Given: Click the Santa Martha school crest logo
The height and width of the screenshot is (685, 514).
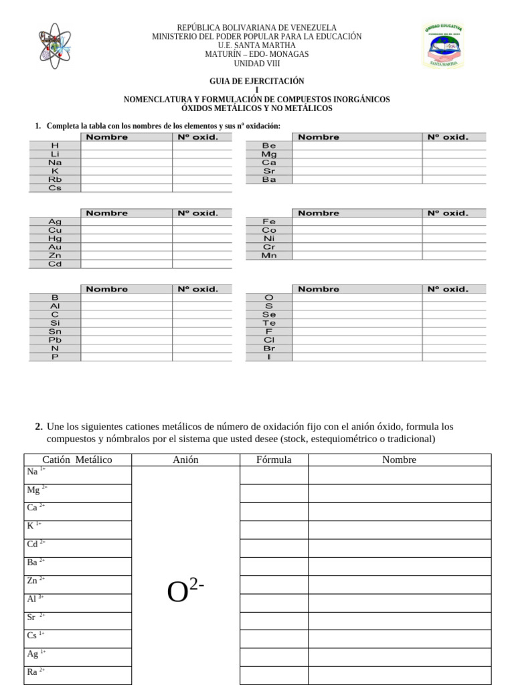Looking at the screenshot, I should (x=443, y=46).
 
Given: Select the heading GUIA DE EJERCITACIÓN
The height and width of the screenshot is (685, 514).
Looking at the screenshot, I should (x=257, y=81).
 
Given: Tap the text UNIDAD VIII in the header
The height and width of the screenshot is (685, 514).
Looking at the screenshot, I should (x=257, y=64).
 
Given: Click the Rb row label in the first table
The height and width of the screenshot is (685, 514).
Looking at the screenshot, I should (x=55, y=179).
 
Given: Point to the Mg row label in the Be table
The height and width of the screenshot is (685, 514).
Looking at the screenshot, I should (x=269, y=154).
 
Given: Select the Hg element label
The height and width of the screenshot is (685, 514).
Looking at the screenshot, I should (x=55, y=238).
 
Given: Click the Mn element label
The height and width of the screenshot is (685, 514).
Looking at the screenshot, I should (x=269, y=256).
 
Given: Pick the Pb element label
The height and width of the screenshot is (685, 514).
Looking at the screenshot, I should (x=55, y=340).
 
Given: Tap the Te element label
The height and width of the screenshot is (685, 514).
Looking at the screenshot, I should (x=269, y=323).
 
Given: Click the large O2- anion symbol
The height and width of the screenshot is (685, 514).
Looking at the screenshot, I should (x=185, y=592).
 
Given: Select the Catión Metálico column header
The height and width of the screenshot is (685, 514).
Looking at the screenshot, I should (x=77, y=460).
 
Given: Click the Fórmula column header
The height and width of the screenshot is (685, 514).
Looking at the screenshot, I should (x=274, y=460).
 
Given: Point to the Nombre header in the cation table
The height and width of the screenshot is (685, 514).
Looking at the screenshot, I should (x=399, y=460).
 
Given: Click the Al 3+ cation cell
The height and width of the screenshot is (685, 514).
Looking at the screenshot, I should (x=77, y=599).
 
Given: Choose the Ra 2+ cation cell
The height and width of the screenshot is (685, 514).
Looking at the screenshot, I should (x=77, y=672).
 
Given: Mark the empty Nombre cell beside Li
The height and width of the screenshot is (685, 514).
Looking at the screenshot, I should (x=126, y=154).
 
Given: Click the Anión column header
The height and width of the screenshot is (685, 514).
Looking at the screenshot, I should (x=185, y=460).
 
